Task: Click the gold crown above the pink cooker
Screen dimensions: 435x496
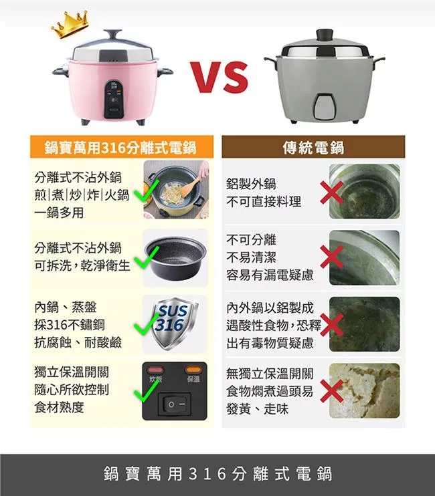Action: tap(70, 24)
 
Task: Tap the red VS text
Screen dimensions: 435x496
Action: tap(220, 77)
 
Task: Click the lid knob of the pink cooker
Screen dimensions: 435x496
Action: tap(112, 35)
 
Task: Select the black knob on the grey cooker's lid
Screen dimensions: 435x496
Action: tap(325, 35)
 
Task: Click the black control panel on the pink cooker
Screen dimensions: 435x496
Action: tap(114, 100)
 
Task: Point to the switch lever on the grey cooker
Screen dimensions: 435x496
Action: tap(325, 106)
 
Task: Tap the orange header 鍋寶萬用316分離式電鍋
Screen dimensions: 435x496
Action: tap(122, 147)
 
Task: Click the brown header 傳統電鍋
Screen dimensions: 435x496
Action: tap(313, 147)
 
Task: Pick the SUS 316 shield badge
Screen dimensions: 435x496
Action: tap(175, 324)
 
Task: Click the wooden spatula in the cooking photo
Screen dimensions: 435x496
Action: tap(191, 185)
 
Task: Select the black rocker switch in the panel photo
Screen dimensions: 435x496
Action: tap(175, 404)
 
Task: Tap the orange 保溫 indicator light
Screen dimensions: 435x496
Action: tap(193, 370)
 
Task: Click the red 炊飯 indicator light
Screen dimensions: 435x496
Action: tap(155, 370)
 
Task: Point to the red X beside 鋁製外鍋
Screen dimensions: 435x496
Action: tap(331, 193)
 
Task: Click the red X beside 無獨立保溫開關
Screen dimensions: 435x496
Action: tap(331, 391)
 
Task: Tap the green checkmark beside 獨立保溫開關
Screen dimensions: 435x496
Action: tap(147, 390)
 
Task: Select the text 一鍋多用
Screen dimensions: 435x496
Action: tap(59, 213)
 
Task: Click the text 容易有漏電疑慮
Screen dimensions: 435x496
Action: tap(270, 275)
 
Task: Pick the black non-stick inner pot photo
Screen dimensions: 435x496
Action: tap(175, 258)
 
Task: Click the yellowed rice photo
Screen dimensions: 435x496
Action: tap(365, 390)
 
